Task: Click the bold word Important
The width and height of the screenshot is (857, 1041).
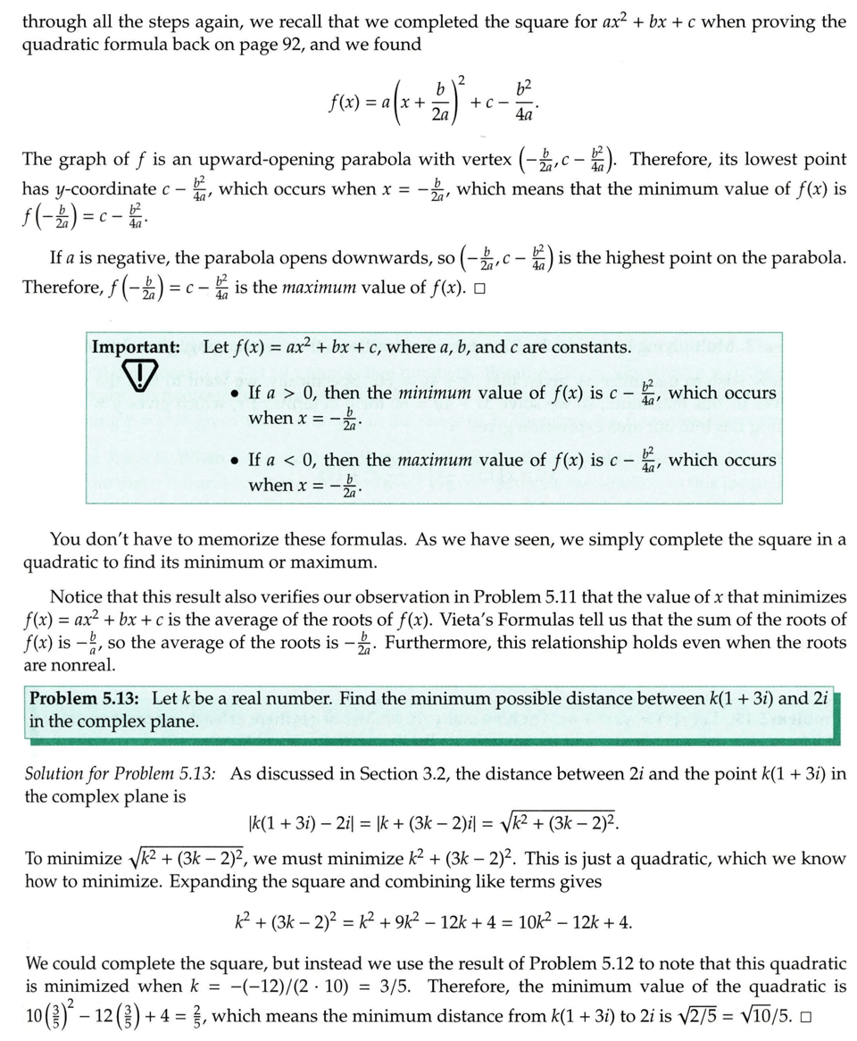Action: pyautogui.click(x=136, y=346)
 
